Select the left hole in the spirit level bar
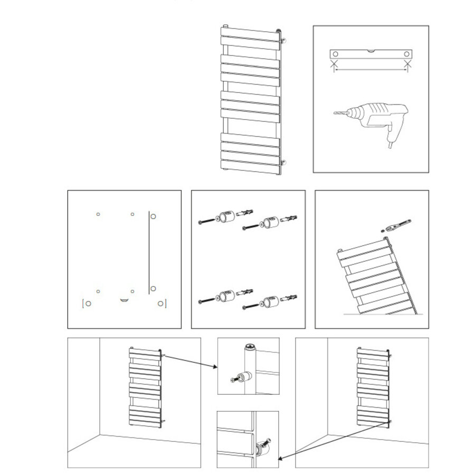click(334, 54)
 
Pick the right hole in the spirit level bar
click(406, 54)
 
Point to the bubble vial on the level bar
click(370, 51)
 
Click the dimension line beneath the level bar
click(370, 69)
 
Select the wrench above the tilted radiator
click(400, 225)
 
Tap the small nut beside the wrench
click(382, 230)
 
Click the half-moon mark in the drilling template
click(124, 300)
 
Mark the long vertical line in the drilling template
click(148, 253)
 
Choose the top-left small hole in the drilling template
click(98, 214)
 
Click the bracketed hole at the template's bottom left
click(89, 303)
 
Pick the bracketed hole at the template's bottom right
click(160, 303)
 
